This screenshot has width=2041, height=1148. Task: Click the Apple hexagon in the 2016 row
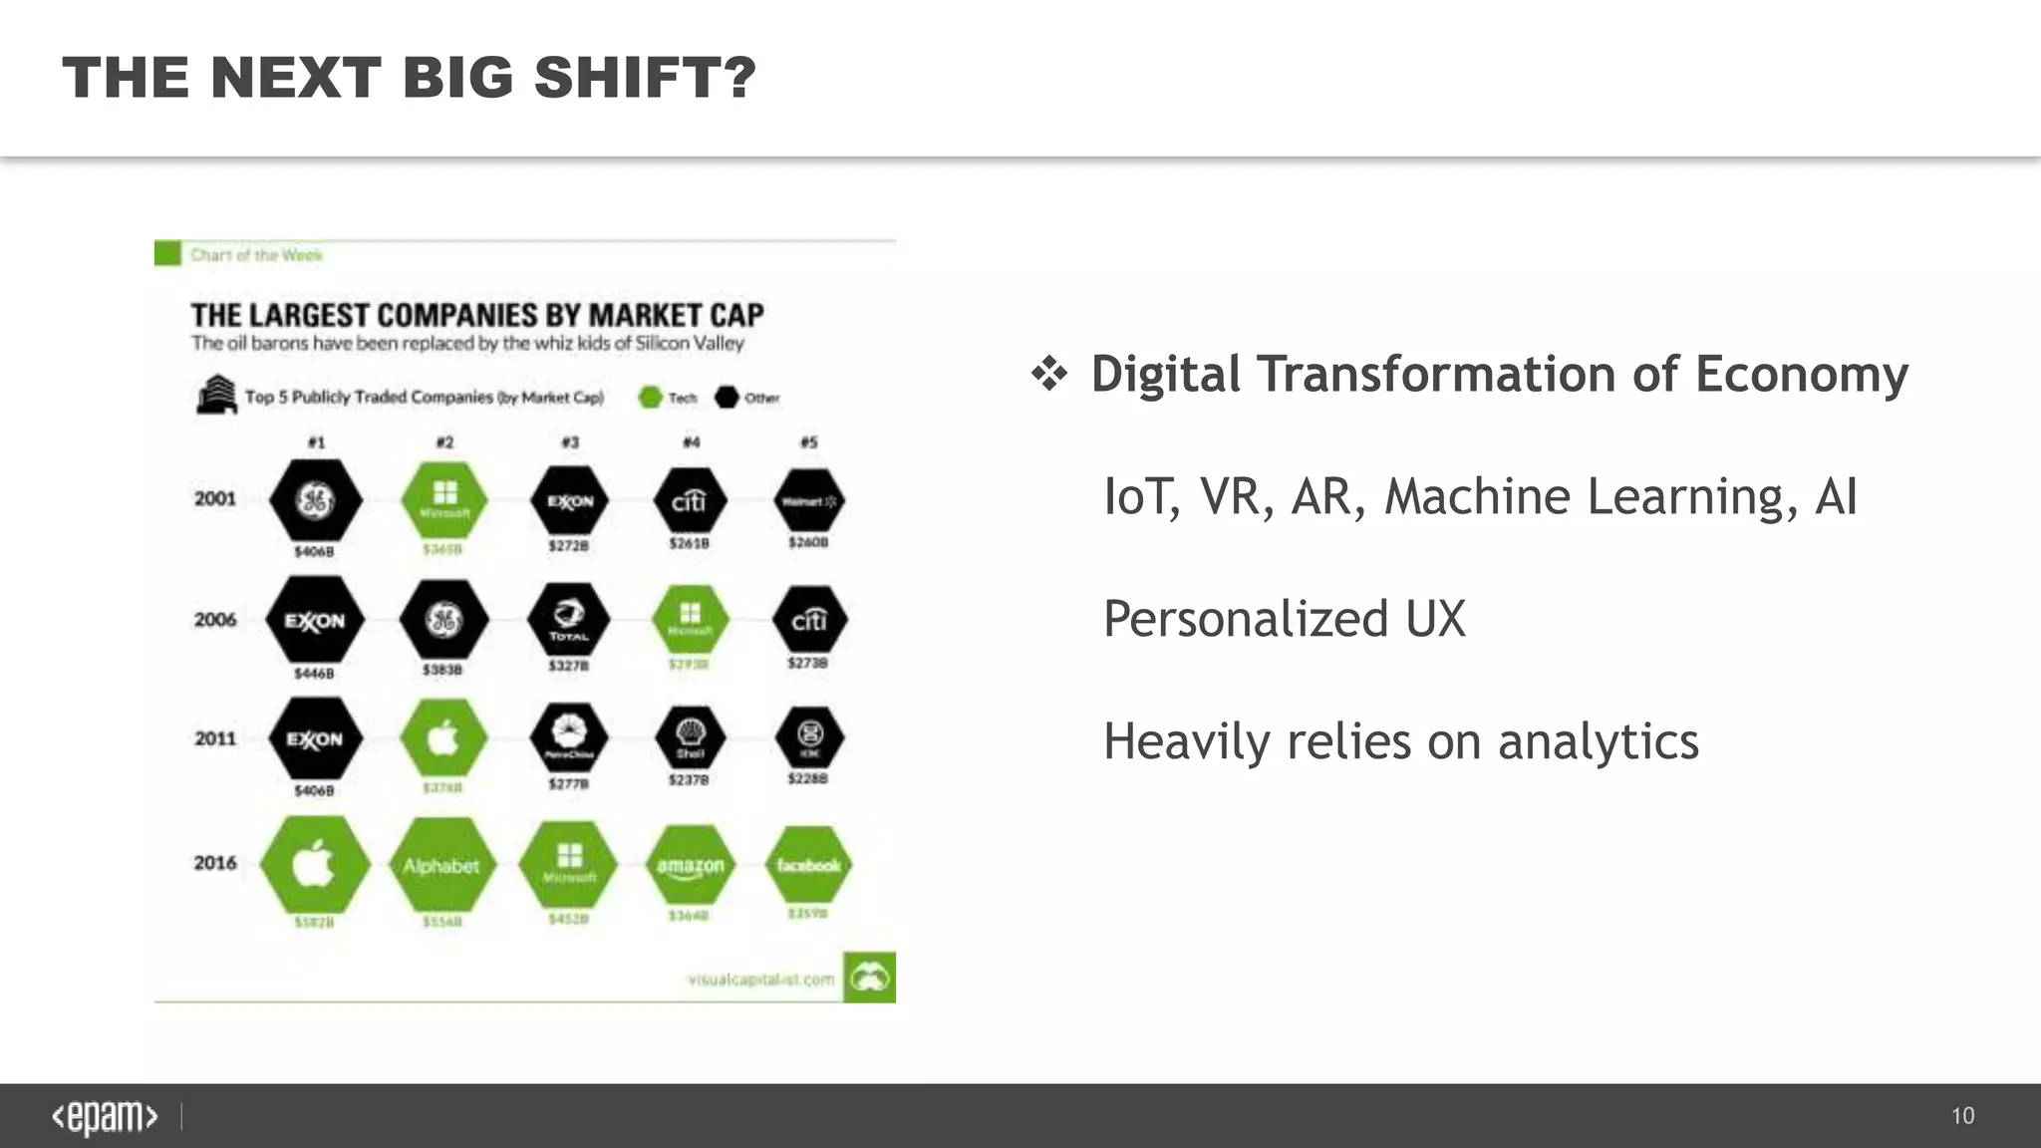pos(314,864)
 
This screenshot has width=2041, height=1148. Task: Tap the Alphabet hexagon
pos(441,865)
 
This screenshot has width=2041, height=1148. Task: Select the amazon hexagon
pos(690,865)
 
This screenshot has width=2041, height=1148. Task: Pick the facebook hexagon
pos(808,865)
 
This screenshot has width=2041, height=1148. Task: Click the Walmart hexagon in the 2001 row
pos(809,500)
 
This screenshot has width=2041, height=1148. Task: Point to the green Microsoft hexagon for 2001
pos(444,500)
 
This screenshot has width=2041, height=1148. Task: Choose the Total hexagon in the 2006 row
pos(569,621)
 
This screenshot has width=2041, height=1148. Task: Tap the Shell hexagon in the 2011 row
pos(691,738)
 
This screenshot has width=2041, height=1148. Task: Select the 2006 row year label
pos(215,620)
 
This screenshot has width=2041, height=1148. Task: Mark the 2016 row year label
pos(215,863)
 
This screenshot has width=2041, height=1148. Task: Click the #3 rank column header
pos(570,442)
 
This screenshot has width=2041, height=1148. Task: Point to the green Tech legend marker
pos(650,398)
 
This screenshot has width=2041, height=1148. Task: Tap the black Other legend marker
pos(727,398)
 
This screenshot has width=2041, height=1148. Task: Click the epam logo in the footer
pos(105,1117)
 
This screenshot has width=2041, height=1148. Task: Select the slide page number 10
pos(1962,1116)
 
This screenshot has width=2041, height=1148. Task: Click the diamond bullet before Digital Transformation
pos(1049,375)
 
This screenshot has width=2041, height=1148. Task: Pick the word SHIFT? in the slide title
pos(645,78)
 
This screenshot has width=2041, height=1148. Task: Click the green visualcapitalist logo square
pos(869,978)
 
